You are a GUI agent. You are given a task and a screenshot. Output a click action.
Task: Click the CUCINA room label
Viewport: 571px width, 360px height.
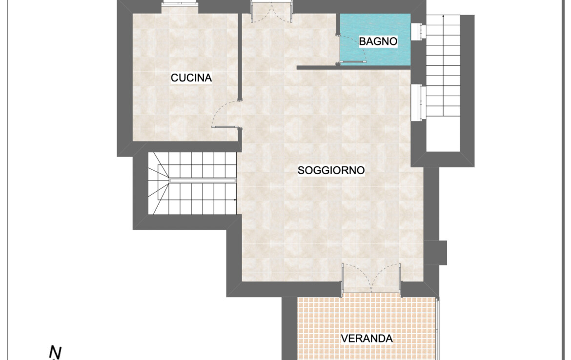coord(191,78)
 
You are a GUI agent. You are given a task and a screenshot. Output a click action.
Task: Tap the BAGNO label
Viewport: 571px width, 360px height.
coord(378,41)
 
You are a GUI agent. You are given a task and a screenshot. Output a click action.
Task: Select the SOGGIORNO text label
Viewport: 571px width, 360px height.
coord(331,170)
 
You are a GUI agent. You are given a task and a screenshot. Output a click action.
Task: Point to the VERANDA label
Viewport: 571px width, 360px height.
coord(367,339)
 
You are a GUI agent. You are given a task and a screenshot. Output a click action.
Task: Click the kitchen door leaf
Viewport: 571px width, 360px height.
coord(225,127)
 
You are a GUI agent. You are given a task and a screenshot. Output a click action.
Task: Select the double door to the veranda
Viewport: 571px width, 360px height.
coord(371,279)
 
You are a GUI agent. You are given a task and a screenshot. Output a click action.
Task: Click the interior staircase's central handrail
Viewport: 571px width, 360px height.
coord(203,180)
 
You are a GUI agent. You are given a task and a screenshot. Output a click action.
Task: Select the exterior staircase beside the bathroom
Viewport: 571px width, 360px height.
coord(443,65)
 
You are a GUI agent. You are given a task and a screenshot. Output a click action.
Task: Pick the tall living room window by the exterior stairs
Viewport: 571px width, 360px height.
coord(418,102)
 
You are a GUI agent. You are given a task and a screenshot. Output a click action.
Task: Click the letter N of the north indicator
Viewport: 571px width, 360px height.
coord(55,352)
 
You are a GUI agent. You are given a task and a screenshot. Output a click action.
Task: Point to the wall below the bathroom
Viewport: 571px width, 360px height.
coord(354,68)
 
